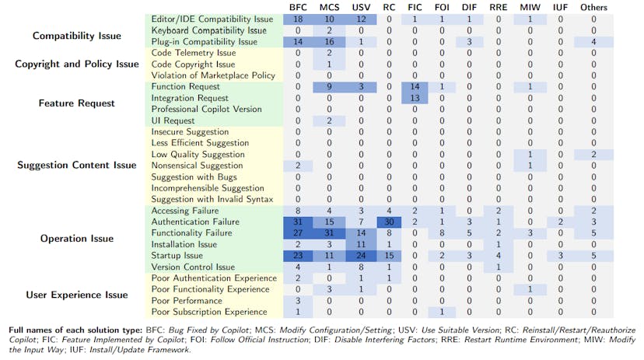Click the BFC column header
click(298, 7)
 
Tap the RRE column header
click(498, 7)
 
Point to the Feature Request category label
click(75, 103)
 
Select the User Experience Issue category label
click(75, 295)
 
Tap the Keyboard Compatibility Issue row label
click(208, 30)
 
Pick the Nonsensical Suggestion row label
click(197, 166)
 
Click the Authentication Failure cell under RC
click(389, 222)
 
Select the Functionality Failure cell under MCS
click(329, 233)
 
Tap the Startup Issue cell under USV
click(360, 256)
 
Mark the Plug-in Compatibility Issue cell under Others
click(594, 41)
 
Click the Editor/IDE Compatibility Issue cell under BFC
click(298, 19)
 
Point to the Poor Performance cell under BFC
click(298, 301)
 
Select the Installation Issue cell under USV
click(360, 244)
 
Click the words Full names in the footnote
click(34, 329)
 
